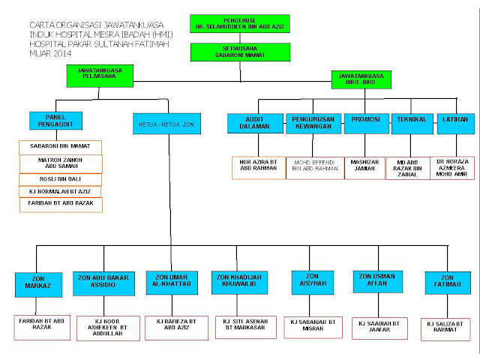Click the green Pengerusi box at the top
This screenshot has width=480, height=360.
[239, 23]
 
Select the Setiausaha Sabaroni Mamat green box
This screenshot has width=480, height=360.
[239, 51]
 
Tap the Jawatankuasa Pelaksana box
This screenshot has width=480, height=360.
[99, 76]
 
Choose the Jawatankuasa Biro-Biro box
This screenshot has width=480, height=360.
[361, 79]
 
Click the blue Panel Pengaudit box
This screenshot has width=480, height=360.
[56, 120]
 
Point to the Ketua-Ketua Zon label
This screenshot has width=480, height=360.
[166, 123]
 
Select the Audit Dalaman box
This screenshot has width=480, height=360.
[255, 123]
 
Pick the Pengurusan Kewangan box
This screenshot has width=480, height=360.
[313, 123]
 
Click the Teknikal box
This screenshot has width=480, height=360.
[412, 123]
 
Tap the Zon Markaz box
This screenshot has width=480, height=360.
[36, 284]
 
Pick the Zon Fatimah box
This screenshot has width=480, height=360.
[448, 281]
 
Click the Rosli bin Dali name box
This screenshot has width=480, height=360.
[60, 179]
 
